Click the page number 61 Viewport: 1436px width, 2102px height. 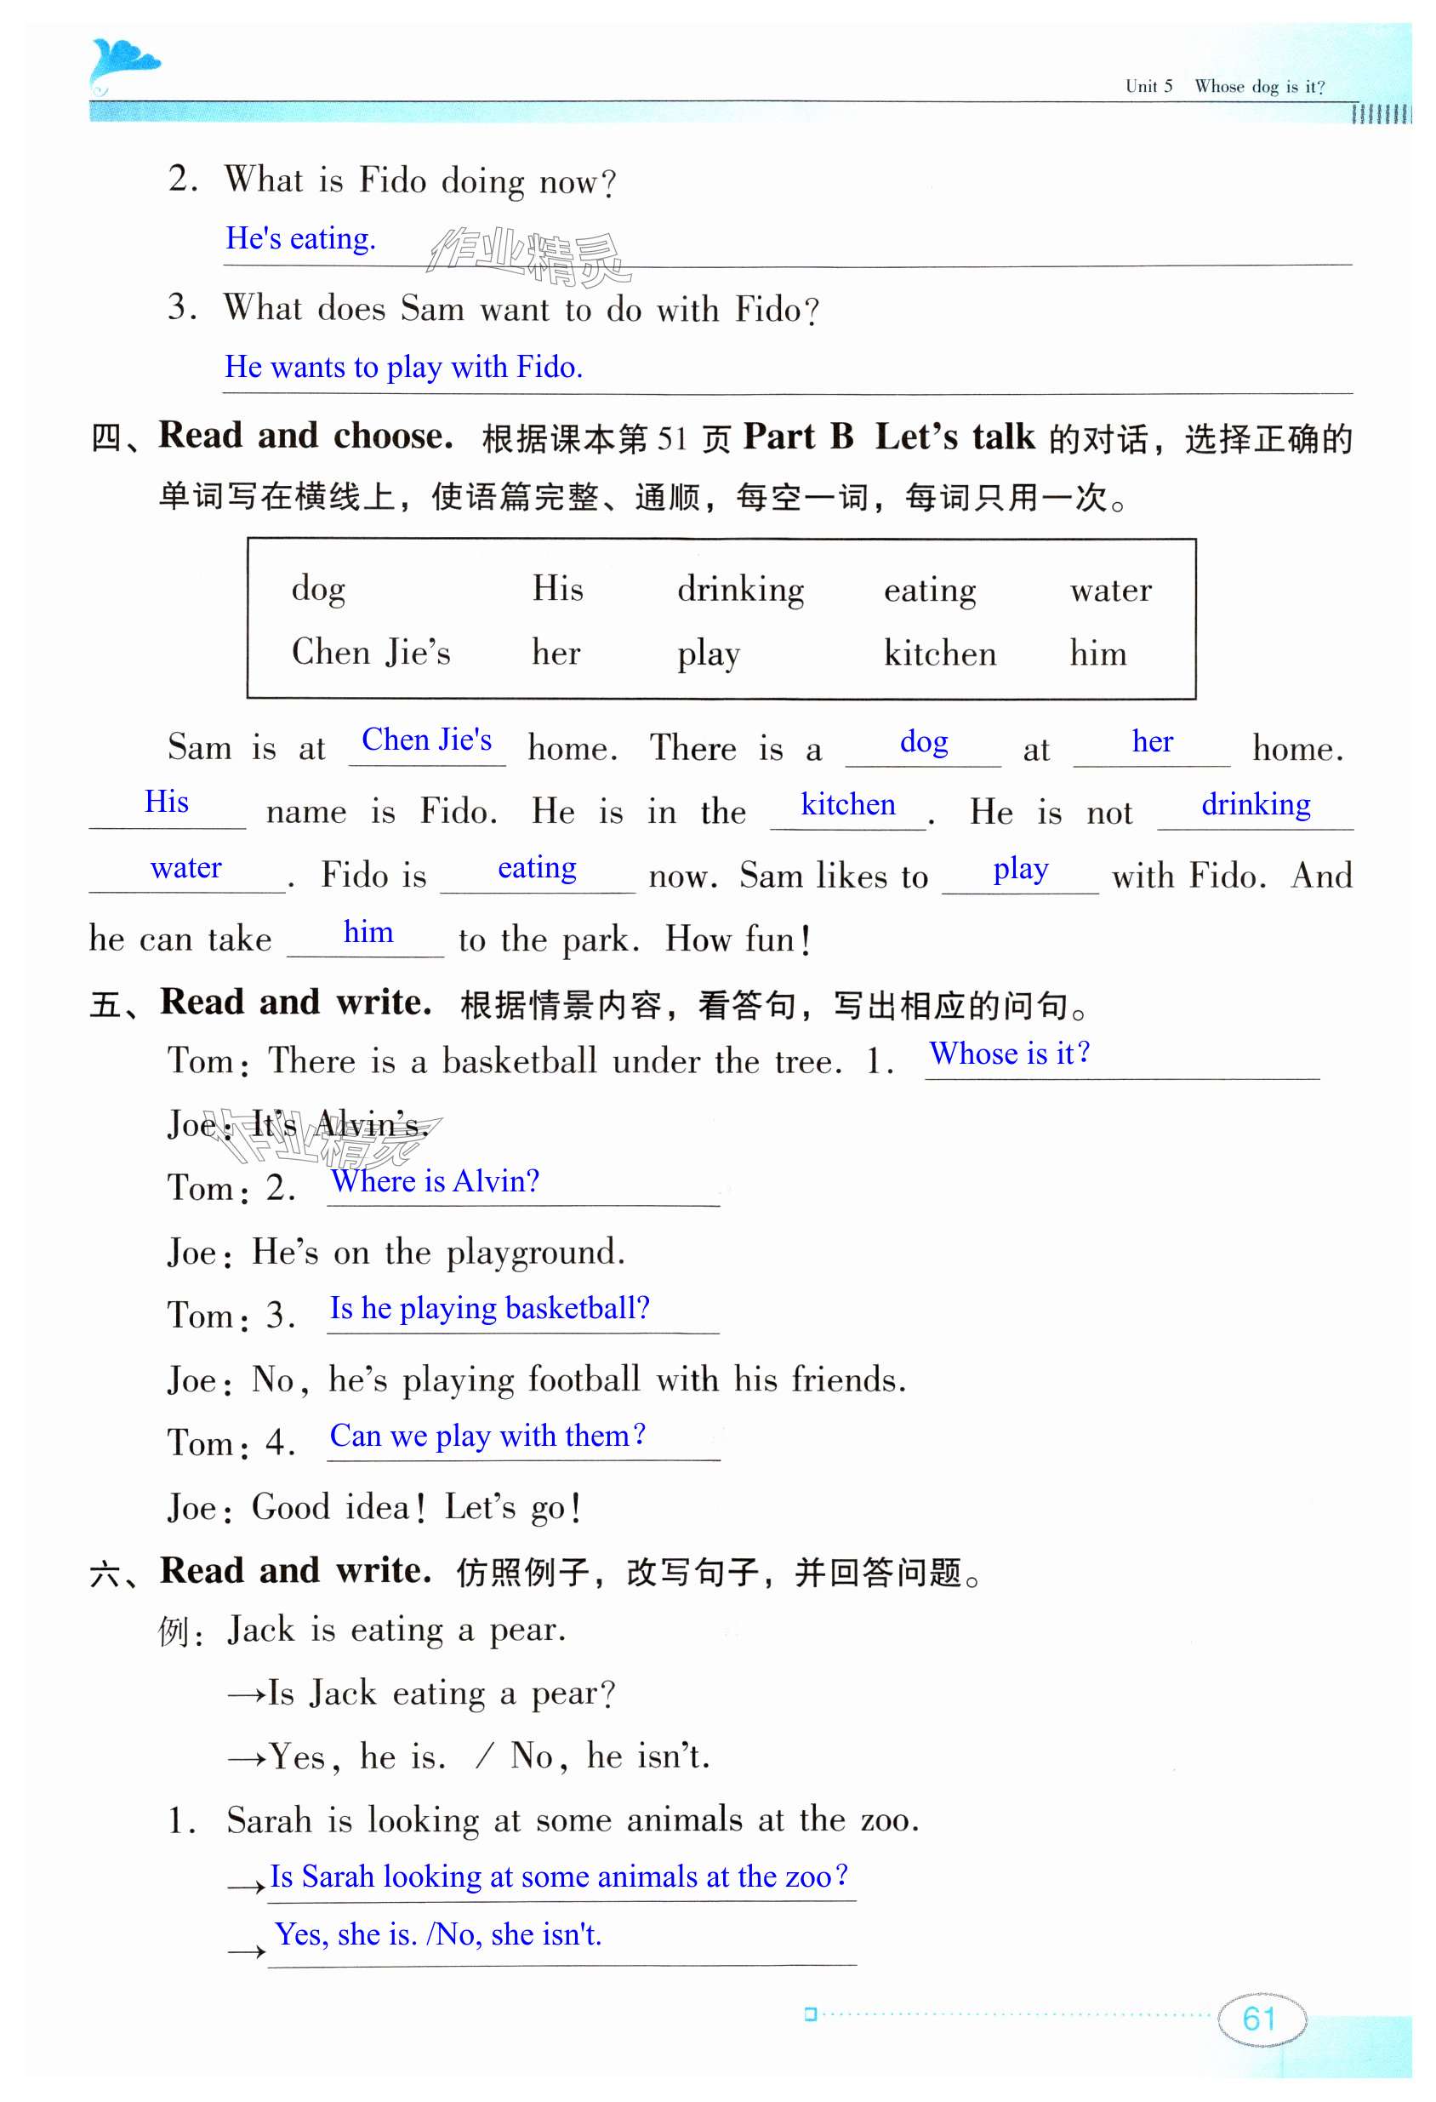[x=1260, y=2018]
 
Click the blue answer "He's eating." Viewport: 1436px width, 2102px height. [x=300, y=239]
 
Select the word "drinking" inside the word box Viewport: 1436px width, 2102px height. [x=741, y=591]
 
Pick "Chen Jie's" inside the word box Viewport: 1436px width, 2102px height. [x=371, y=653]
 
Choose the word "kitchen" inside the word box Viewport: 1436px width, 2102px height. [x=939, y=653]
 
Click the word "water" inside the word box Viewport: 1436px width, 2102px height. [x=1110, y=591]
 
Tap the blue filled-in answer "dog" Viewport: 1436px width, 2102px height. [x=923, y=743]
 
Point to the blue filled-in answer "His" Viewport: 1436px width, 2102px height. [x=167, y=803]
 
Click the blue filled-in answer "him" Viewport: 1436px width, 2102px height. [x=368, y=933]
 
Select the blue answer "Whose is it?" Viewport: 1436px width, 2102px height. [x=1009, y=1054]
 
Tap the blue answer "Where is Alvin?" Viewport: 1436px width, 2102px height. [x=435, y=1181]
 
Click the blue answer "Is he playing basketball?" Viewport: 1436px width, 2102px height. [x=489, y=1309]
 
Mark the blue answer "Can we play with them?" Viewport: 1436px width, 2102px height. [x=487, y=1437]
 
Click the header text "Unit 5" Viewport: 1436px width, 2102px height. [x=1148, y=87]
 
